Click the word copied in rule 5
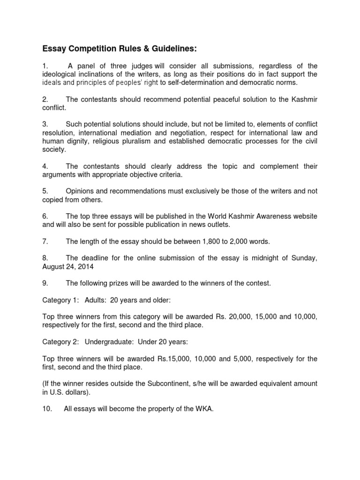click(x=53, y=200)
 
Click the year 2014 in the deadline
click(x=84, y=267)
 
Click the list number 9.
click(x=45, y=283)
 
